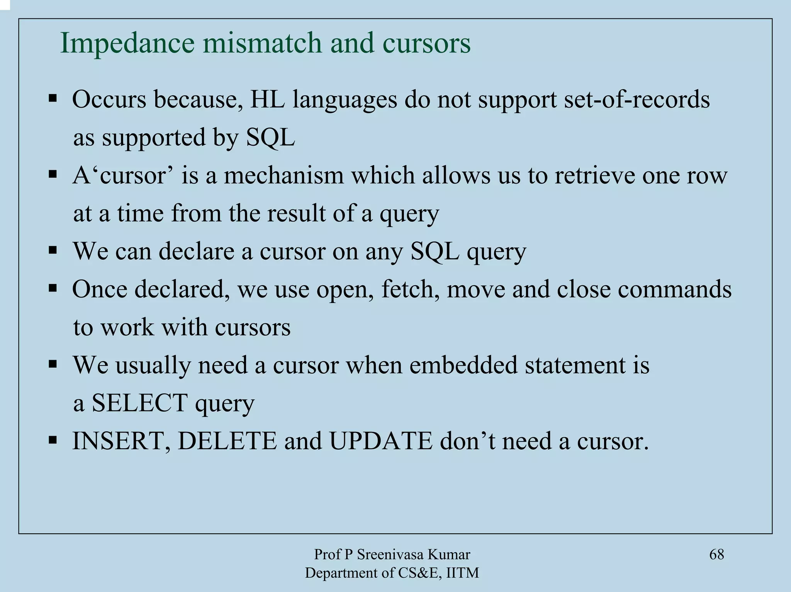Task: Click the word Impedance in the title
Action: click(127, 43)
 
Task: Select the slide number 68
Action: click(716, 555)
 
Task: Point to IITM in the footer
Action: click(462, 573)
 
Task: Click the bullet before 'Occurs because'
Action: click(53, 99)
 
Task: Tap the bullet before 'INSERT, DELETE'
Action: click(53, 440)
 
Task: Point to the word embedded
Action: click(463, 365)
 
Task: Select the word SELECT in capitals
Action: click(139, 403)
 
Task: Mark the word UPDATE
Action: click(380, 441)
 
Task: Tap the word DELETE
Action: click(227, 441)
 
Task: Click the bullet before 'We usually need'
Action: click(53, 364)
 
